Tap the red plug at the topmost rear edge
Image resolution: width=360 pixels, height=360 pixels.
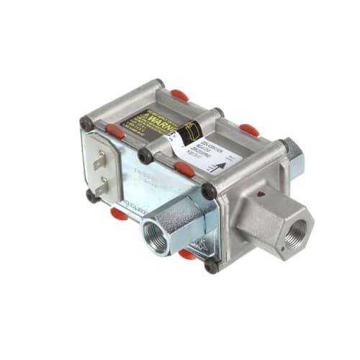(x=180, y=94)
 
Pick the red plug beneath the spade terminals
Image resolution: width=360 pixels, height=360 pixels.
(x=120, y=212)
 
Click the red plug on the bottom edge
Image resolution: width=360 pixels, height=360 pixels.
(x=187, y=253)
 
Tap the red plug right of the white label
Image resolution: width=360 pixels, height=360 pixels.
(x=249, y=130)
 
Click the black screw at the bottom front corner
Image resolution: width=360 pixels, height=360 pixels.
(x=211, y=266)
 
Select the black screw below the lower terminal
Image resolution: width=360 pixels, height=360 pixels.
(x=91, y=195)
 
